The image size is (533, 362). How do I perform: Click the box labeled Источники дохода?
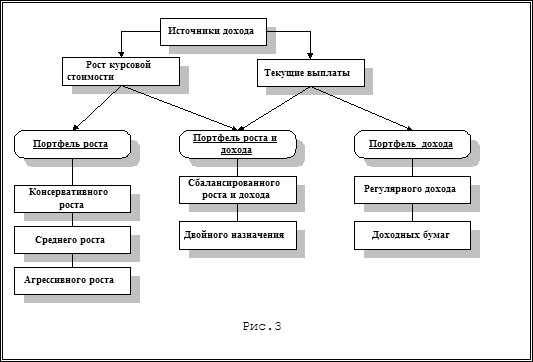[x=213, y=32]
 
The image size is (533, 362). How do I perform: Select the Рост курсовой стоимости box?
[x=121, y=71]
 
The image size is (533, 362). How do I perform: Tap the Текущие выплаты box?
[x=311, y=73]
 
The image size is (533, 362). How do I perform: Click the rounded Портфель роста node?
[x=72, y=144]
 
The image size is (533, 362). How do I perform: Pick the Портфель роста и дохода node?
[x=238, y=144]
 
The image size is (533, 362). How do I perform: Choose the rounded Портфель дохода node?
[x=412, y=144]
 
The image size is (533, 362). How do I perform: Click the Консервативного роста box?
[x=72, y=199]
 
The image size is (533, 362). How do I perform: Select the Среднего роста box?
[x=72, y=240]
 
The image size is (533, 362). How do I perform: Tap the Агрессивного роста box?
[x=72, y=281]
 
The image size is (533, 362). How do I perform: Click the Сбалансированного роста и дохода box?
[x=238, y=190]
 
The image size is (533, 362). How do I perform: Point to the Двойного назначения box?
[x=238, y=236]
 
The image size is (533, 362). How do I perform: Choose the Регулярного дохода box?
[x=412, y=190]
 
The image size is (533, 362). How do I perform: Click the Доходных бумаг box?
[x=412, y=236]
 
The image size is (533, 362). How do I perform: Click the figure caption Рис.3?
[x=262, y=326]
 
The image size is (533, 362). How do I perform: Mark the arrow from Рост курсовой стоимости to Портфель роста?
[x=97, y=108]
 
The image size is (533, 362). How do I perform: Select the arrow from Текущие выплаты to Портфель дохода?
[x=361, y=108]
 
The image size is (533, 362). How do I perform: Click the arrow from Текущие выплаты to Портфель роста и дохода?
[x=274, y=108]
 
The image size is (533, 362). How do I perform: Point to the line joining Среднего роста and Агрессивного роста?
[x=72, y=261]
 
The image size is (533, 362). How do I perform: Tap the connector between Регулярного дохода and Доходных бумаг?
[x=413, y=213]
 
